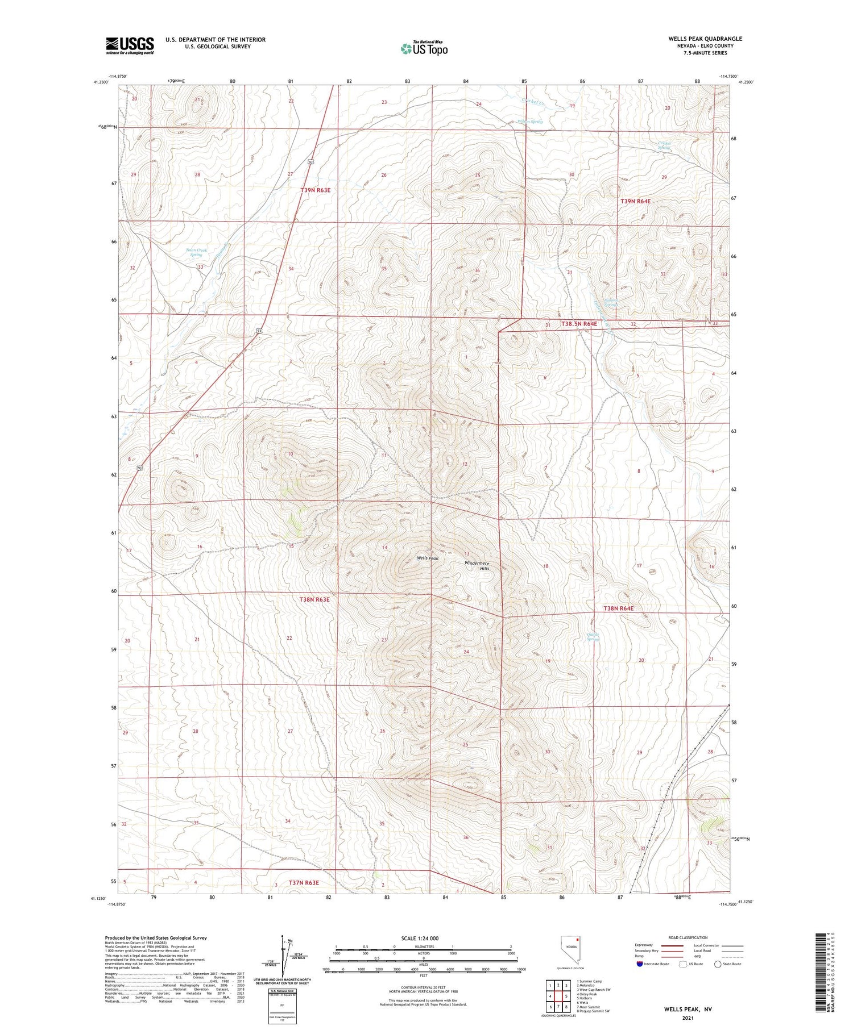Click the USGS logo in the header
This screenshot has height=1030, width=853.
pos(130,45)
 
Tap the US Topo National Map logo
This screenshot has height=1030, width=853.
pos(424,48)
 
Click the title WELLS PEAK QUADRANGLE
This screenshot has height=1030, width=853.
pos(705,39)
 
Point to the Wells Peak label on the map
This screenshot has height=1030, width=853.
pos(428,558)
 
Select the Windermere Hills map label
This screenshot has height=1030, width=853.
pos(477,566)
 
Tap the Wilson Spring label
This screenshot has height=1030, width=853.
pos(529,122)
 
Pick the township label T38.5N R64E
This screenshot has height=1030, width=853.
pos(579,324)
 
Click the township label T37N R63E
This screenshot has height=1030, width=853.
pos(304,883)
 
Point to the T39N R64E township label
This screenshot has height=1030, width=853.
pos(635,201)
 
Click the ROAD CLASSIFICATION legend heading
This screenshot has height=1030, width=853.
pos(688,937)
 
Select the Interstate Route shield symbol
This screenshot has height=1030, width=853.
pos(640,964)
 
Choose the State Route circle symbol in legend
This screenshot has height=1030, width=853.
pos(718,964)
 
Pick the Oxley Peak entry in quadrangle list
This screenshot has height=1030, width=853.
pos(586,994)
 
